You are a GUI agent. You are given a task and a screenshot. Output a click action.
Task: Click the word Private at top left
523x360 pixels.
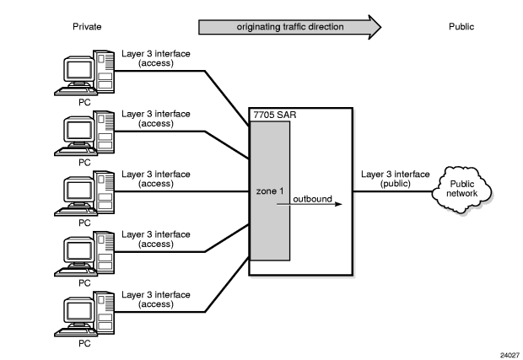point(86,27)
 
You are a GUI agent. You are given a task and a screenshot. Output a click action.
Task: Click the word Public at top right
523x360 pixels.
point(461,27)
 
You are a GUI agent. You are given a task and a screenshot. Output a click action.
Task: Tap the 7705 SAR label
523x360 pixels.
point(272,114)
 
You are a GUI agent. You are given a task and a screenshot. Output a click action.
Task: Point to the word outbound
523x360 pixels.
point(313,199)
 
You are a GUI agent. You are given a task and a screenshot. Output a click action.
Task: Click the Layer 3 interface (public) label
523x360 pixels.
point(393,179)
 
